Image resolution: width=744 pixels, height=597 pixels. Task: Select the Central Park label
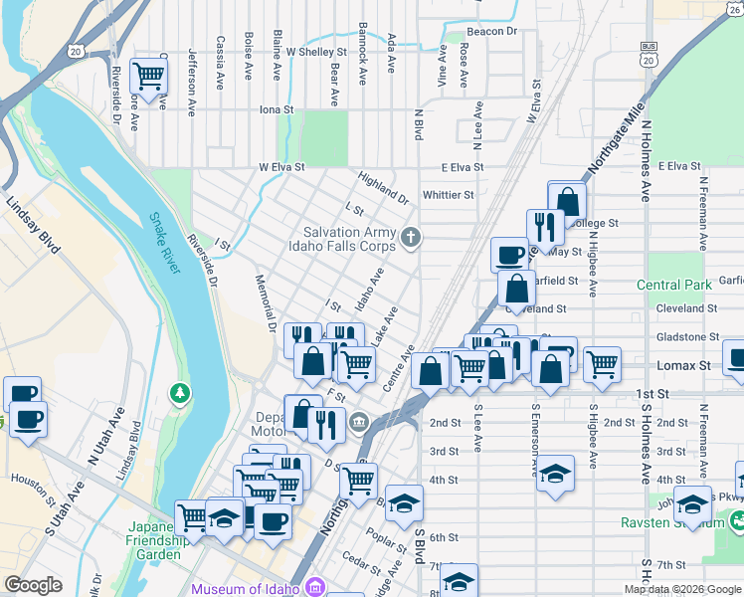click(x=674, y=286)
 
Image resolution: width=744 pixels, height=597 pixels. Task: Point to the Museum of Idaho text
click(x=245, y=588)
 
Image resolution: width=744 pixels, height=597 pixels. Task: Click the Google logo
click(x=33, y=585)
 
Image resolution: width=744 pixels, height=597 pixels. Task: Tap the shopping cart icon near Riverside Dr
click(x=149, y=75)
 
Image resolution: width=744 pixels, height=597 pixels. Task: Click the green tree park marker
click(x=180, y=393)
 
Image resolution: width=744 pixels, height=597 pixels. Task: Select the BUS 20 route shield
click(x=650, y=54)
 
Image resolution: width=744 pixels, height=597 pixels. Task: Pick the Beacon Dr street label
click(x=492, y=32)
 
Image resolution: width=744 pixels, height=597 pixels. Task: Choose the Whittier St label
click(x=448, y=195)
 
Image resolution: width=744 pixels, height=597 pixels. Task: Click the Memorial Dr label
click(x=265, y=302)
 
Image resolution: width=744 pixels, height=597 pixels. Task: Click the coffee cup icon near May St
click(x=509, y=255)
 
